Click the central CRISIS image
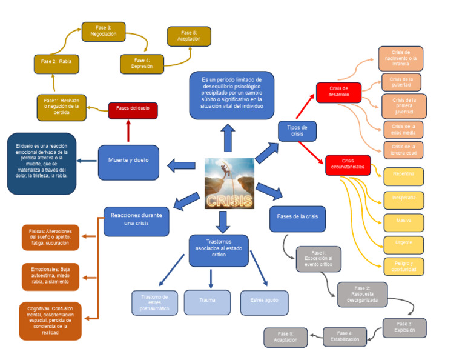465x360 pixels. [229, 183]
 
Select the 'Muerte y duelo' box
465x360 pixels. [128, 161]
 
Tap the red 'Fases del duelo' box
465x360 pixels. [133, 110]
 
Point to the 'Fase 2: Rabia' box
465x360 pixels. [56, 62]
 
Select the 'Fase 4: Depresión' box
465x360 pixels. [142, 63]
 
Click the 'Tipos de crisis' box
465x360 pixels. [297, 131]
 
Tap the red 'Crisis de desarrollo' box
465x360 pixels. [338, 92]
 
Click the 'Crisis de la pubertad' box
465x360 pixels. [401, 82]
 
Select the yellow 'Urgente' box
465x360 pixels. [403, 242]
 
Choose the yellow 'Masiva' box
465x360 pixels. [403, 221]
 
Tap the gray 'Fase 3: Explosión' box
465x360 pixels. [404, 327]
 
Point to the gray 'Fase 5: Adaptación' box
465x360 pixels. [285, 337]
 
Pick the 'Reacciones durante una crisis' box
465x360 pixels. [136, 221]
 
